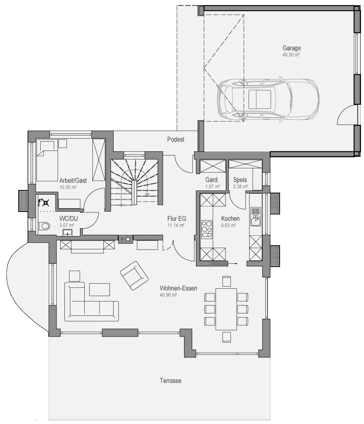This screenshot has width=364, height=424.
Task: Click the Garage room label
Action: click(292, 48)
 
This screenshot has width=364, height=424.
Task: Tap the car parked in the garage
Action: click(268, 99)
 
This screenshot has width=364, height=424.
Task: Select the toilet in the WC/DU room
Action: click(44, 226)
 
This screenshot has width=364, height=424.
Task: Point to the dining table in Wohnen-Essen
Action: click(226, 309)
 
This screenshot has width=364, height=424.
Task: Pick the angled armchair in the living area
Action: click(134, 275)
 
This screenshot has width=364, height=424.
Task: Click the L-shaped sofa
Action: click(92, 302)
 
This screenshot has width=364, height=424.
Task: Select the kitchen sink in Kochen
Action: click(256, 216)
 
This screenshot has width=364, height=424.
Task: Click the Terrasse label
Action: click(170, 381)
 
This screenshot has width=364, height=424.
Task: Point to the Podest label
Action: click(176, 139)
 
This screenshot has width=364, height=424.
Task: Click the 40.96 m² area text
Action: click(168, 295)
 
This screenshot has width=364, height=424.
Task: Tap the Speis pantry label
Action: click(240, 180)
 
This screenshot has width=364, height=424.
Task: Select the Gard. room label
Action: click(212, 180)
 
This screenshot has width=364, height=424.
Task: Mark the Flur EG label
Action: click(177, 218)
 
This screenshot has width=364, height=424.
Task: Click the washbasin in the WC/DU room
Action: click(67, 232)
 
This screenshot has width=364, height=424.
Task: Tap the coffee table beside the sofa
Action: click(100, 290)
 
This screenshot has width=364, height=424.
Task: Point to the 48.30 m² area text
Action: click(291, 55)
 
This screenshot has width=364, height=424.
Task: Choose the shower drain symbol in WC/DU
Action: click(46, 202)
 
